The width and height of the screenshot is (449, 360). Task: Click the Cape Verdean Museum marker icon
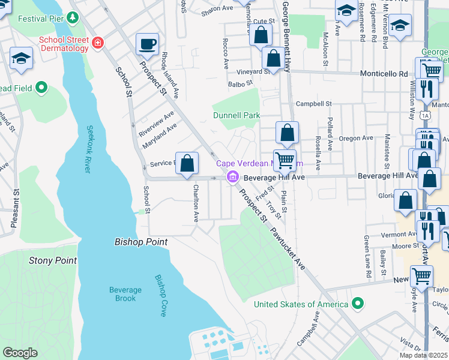[232, 178]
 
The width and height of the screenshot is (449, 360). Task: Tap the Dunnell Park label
[236, 115]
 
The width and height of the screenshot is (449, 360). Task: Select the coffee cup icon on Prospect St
[147, 44]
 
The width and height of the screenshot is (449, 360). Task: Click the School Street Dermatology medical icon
[97, 43]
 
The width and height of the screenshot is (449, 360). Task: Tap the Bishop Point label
[140, 242]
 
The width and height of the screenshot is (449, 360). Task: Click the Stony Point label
[53, 260]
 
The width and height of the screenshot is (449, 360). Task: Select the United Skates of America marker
[358, 304]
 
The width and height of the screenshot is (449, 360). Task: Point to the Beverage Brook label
[125, 294]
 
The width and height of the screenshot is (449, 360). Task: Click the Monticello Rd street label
[384, 73]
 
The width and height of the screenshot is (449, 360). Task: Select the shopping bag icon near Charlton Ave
[187, 163]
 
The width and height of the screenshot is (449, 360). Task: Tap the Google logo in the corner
[20, 353]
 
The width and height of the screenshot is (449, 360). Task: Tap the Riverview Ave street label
[155, 122]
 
